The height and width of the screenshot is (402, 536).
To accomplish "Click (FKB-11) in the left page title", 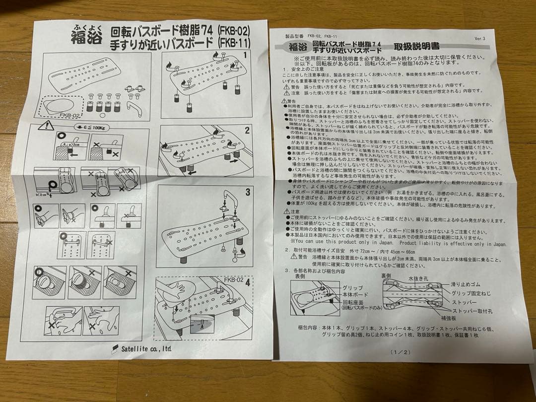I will click(235, 43).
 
